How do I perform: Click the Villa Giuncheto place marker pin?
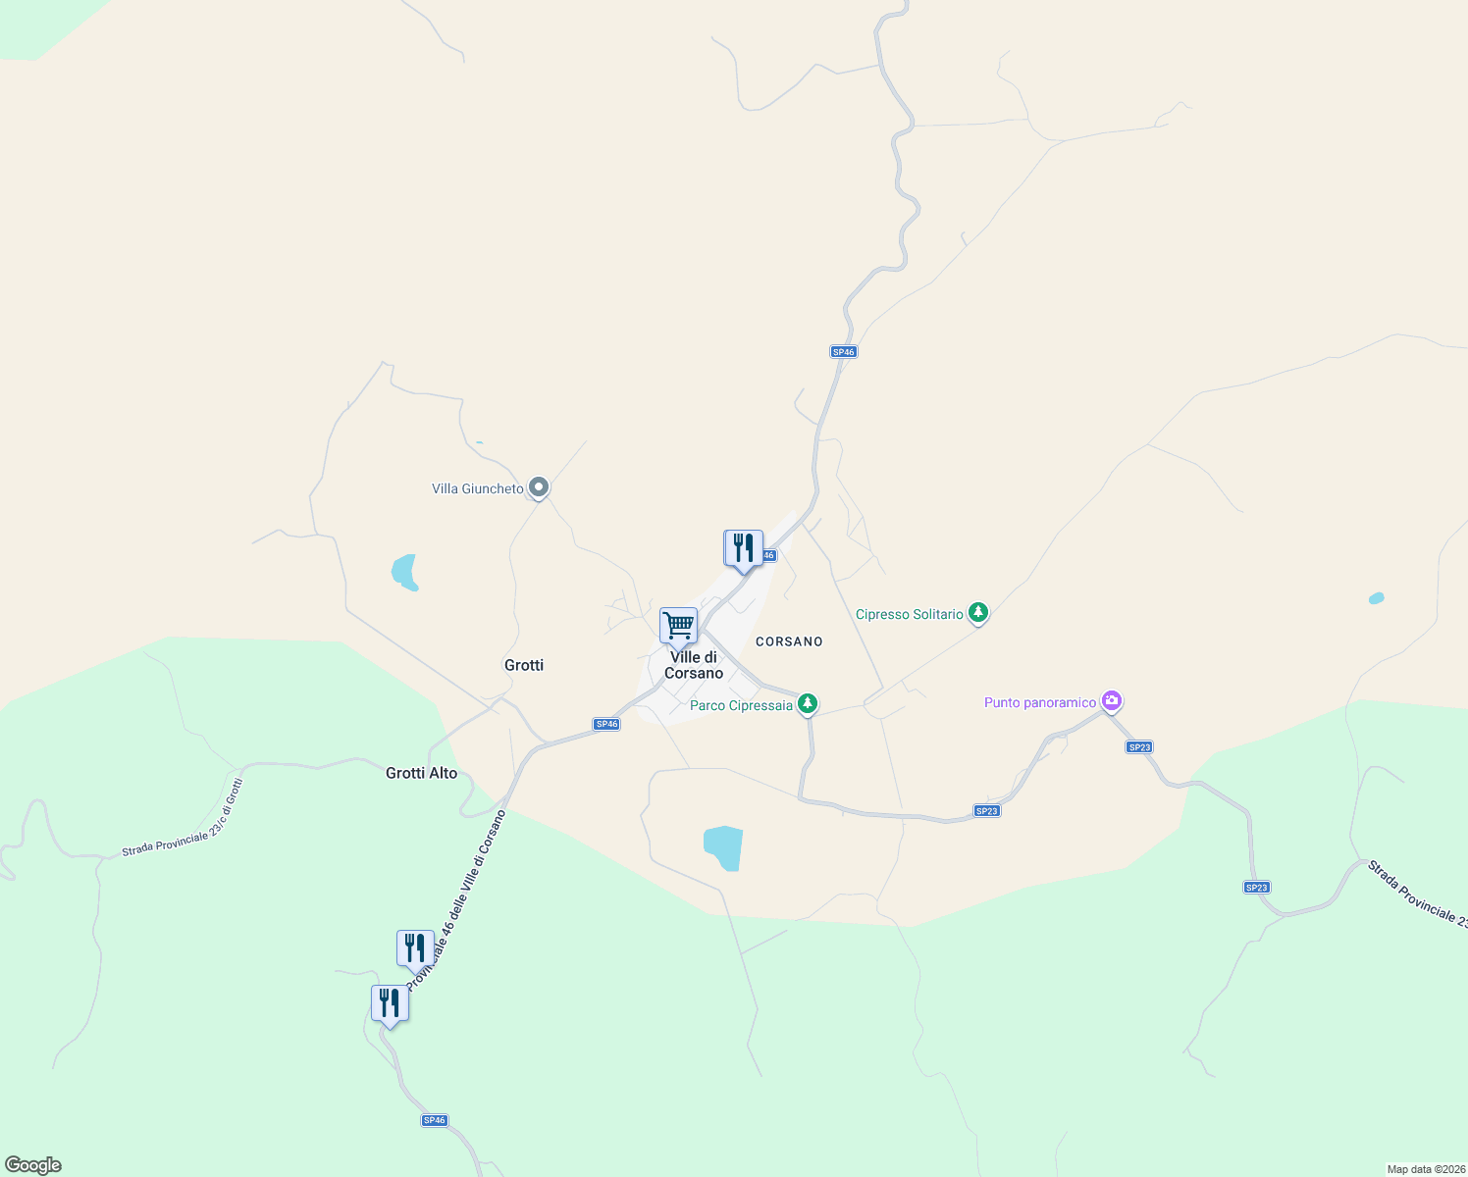(538, 486)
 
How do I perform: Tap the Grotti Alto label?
(421, 773)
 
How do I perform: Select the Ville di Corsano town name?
(694, 665)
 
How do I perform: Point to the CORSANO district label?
(789, 641)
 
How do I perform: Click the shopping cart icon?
(678, 626)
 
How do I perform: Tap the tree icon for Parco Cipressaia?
(808, 703)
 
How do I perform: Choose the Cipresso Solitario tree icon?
(977, 613)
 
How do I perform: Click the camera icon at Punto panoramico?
(1112, 700)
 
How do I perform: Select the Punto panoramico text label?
(1039, 702)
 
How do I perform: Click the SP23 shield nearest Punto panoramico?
(1139, 747)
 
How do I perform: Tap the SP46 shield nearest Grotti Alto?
(606, 724)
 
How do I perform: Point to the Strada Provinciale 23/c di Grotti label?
(183, 818)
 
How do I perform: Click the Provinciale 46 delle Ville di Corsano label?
(457, 897)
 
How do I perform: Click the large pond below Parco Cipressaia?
(724, 847)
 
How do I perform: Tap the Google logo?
(33, 1165)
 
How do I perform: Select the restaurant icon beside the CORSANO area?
(743, 548)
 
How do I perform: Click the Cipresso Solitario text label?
(909, 614)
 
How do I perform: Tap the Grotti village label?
(524, 665)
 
